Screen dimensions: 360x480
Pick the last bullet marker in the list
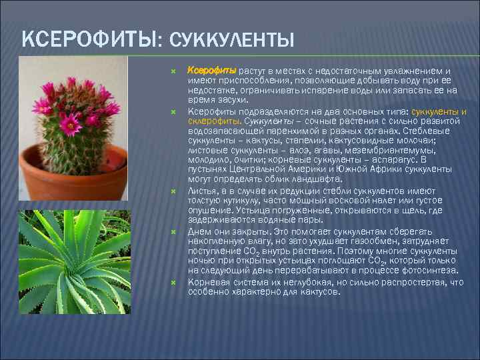pos(173,282)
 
